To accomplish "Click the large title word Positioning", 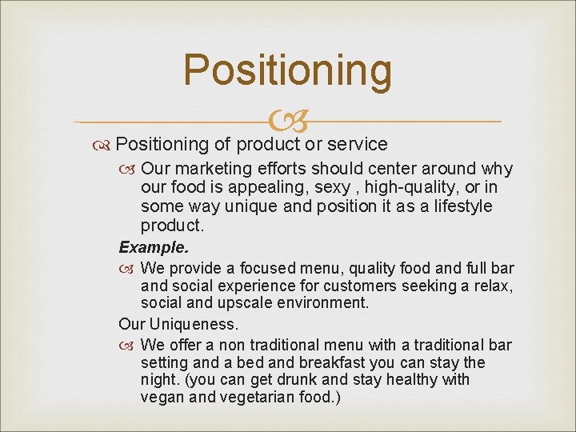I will pos(287,70).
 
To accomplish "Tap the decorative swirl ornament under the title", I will pos(287,122).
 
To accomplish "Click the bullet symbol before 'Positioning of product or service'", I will pos(103,145).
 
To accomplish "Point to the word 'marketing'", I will pos(212,170).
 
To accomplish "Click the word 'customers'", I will pos(352,286).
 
